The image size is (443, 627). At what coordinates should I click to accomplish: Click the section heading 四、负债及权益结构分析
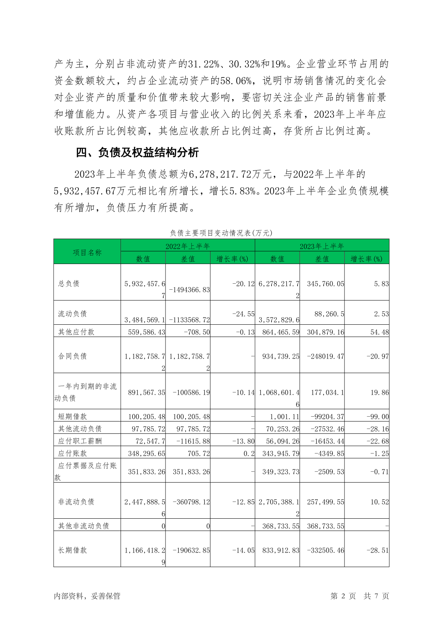click(x=137, y=152)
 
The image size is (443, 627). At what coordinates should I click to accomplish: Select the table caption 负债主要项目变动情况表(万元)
click(x=221, y=233)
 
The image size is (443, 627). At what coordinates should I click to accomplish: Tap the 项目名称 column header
click(x=87, y=252)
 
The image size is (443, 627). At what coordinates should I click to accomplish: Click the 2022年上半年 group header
click(x=188, y=246)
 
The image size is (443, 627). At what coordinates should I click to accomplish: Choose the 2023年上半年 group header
click(x=322, y=246)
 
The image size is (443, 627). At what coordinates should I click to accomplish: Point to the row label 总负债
click(x=69, y=283)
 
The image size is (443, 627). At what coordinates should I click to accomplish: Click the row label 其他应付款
click(x=76, y=332)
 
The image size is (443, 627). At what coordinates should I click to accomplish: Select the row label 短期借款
click(x=73, y=416)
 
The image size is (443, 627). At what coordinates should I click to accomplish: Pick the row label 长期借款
click(x=73, y=550)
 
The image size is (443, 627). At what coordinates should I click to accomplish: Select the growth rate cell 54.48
click(x=379, y=332)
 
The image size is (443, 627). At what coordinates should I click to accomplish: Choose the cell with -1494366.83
click(x=189, y=290)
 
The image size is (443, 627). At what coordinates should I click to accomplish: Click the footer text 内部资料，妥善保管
click(x=87, y=596)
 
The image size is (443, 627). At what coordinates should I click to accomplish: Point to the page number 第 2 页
click(x=343, y=596)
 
